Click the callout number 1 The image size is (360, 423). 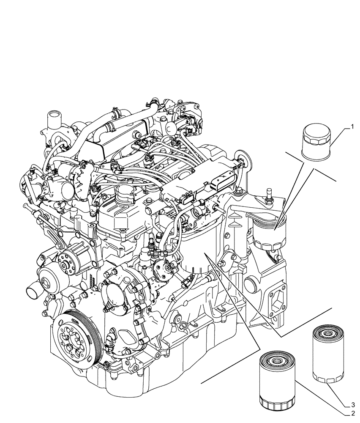coord(350,126)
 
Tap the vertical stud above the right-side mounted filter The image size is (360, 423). coord(267,197)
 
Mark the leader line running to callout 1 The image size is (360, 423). coord(338,135)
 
